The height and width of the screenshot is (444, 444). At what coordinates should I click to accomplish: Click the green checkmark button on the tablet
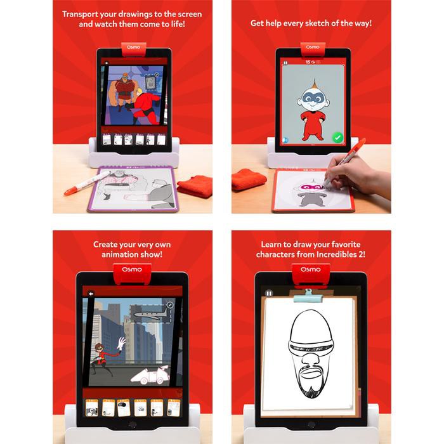[x=337, y=138]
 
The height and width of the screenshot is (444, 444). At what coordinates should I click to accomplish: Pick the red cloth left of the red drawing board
[x=249, y=179]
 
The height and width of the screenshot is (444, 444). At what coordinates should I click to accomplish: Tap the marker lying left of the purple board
[x=87, y=183]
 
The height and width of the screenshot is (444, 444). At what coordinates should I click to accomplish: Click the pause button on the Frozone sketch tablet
[x=269, y=293]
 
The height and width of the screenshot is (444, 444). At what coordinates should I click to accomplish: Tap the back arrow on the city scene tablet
[x=91, y=294]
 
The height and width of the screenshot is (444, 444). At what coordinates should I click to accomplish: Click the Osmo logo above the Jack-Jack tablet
[x=313, y=47]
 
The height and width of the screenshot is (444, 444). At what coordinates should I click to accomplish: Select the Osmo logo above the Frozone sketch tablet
[x=310, y=270]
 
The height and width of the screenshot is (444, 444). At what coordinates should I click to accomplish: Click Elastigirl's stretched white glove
[x=121, y=343]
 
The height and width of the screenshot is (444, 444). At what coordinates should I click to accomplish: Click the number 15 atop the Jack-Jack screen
[x=308, y=62]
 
